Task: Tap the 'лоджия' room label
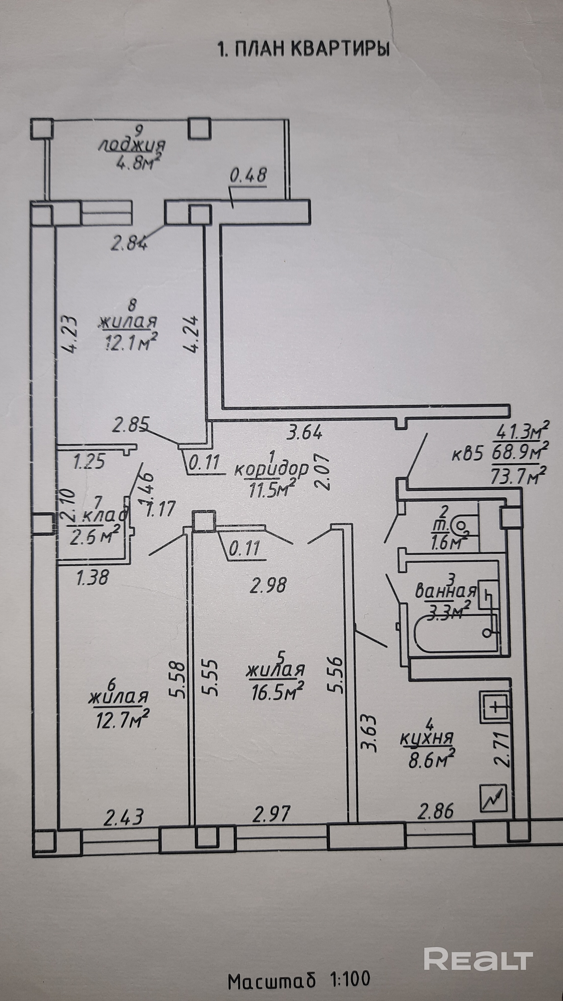pos(132,145)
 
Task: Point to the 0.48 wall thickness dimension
pos(249,176)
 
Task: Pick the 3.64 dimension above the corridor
pos(304,432)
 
